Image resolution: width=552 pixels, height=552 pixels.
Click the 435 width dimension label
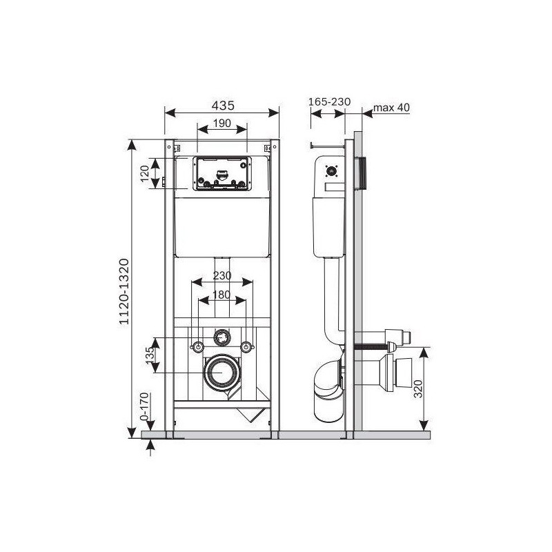[223, 106]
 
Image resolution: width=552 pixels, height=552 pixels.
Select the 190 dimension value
[222, 123]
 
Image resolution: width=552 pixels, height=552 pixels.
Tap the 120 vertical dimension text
[145, 173]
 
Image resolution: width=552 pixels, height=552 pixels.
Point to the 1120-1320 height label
[124, 291]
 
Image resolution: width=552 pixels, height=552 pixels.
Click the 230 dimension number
[221, 275]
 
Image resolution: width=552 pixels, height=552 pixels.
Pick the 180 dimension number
[221, 295]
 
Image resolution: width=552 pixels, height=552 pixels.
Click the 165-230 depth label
[330, 101]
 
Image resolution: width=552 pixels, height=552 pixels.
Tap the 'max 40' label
[391, 108]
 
